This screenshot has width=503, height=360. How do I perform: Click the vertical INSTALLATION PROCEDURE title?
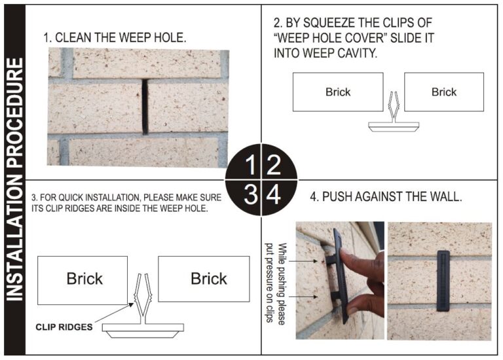click(15, 180)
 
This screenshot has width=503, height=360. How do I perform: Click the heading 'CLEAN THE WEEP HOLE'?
click(115, 37)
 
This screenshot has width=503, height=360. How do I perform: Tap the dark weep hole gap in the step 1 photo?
click(144, 105)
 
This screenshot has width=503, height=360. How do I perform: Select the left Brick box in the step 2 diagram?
click(337, 92)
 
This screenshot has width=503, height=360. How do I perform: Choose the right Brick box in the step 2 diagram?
click(443, 92)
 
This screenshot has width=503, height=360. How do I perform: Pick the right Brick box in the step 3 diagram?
click(208, 278)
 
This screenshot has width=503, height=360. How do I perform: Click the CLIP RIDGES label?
click(64, 327)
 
